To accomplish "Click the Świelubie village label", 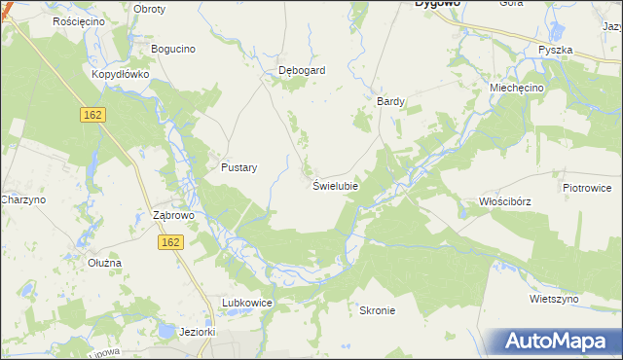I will (336, 185).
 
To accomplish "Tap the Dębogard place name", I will (302, 70).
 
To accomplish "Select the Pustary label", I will (238, 167).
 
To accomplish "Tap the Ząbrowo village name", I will (175, 215).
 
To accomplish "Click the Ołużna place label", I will (104, 263).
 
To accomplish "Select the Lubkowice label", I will (246, 304).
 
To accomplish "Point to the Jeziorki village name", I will (198, 332).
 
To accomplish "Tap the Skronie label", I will (377, 310).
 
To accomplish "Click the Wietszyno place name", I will (555, 300).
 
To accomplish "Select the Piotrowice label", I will (586, 187).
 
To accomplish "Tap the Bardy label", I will (390, 100).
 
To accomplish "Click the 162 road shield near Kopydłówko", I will (92, 115).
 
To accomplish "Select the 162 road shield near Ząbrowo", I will (170, 242).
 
